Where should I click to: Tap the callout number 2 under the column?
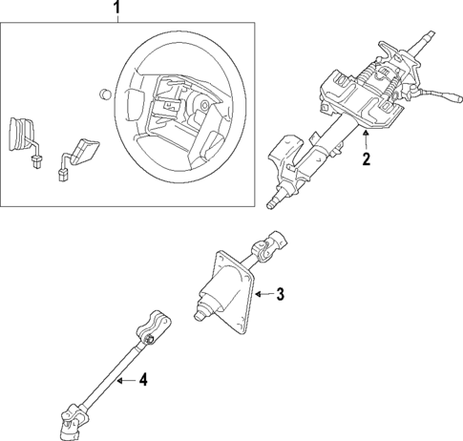tap(365, 159)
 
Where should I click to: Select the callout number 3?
tap(281, 294)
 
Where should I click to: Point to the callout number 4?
tap(142, 381)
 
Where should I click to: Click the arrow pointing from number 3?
tap(264, 294)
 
